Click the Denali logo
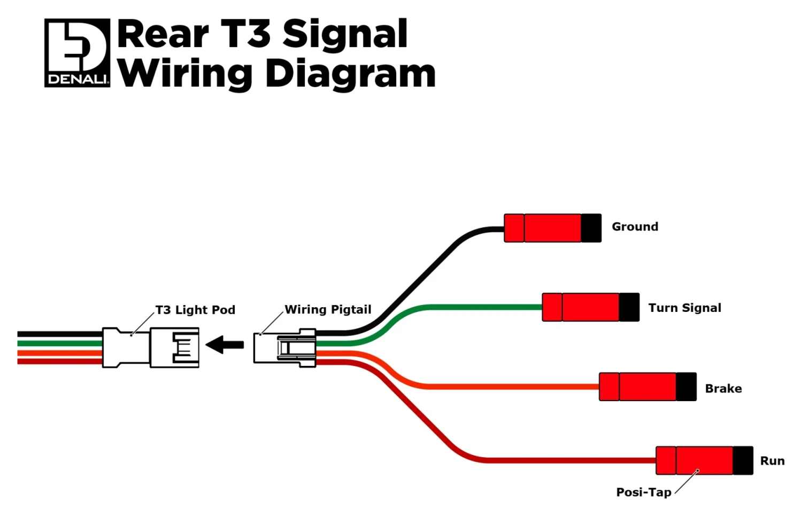(x=77, y=53)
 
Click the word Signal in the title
(x=344, y=35)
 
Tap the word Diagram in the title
(x=350, y=73)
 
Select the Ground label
(x=635, y=226)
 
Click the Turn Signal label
(x=684, y=308)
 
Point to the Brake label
(x=723, y=388)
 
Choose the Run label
(x=772, y=460)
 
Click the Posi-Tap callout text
(x=643, y=492)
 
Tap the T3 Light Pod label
(x=195, y=310)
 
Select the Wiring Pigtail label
(x=328, y=309)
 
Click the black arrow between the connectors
(x=225, y=345)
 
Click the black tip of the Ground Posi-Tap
(x=591, y=228)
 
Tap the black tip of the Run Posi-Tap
(x=743, y=460)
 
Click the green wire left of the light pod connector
(x=59, y=343)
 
